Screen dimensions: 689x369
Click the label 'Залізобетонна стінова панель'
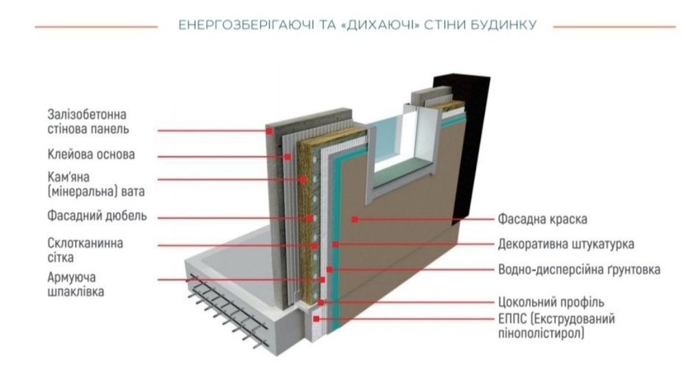pyautogui.click(x=88, y=122)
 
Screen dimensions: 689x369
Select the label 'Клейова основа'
pyautogui.click(x=91, y=155)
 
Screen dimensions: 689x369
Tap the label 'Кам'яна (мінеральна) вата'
pyautogui.click(x=96, y=184)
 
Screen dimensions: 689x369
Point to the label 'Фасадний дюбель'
pyautogui.click(x=97, y=216)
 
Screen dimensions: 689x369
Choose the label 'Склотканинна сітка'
pyautogui.click(x=85, y=250)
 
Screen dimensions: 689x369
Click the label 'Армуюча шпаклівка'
pyautogui.click(x=76, y=284)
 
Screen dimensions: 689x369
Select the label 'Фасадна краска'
pyautogui.click(x=542, y=219)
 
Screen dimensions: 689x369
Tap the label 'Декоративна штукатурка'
pyautogui.click(x=566, y=244)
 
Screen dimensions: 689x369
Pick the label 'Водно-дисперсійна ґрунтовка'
pyautogui.click(x=579, y=269)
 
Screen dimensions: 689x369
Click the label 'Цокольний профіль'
pyautogui.click(x=551, y=302)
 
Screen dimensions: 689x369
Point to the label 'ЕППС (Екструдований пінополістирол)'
pyautogui.click(x=556, y=326)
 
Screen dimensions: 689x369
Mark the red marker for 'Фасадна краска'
pyautogui.click(x=355, y=219)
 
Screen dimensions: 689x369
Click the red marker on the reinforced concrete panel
pyautogui.click(x=269, y=131)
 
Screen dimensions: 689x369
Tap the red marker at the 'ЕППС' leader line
pyautogui.click(x=316, y=319)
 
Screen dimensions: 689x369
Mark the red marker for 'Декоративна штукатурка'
pyautogui.click(x=336, y=244)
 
